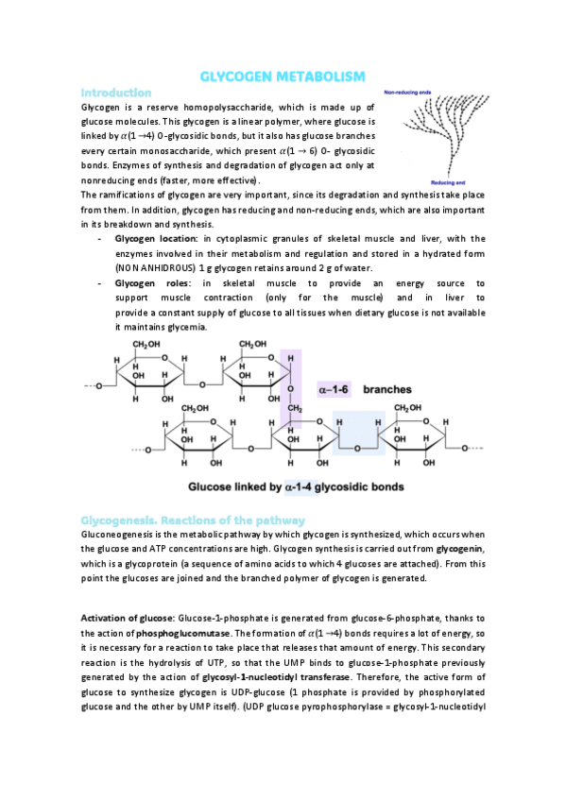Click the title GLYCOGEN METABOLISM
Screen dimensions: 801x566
pos(283,77)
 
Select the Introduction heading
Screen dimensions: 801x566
pos(116,93)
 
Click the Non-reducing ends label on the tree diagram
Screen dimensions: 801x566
pos(408,93)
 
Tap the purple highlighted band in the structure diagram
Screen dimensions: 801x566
pos(293,397)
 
